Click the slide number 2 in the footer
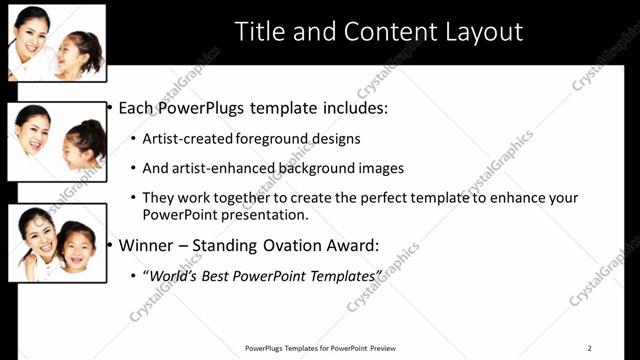[589, 347]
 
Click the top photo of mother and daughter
[56, 42]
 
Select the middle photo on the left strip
[57, 141]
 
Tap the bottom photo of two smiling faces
[57, 242]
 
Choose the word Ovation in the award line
[304, 243]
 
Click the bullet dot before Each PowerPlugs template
[109, 107]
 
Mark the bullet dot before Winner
[109, 243]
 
